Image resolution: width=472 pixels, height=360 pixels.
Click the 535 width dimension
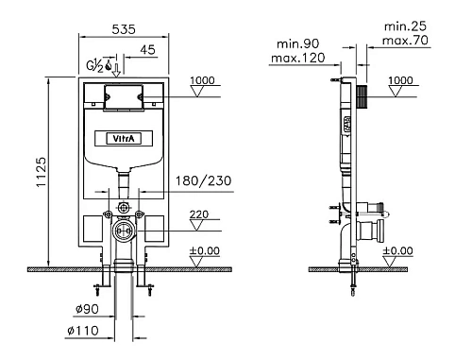pos(124,29)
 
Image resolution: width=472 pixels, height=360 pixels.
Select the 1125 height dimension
pos(42,172)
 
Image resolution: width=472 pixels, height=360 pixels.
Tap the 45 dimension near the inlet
pos(147,50)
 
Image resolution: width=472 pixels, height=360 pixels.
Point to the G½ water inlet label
pos(94,65)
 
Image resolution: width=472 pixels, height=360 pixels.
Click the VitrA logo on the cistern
pos(124,138)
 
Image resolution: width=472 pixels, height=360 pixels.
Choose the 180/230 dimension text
pos(203,180)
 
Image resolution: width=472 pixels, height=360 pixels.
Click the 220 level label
pos(199,214)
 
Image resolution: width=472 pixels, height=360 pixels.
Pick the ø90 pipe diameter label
pos(87,309)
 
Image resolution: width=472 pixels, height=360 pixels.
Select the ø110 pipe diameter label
pos(83,331)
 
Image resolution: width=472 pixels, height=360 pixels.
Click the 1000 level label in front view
pos(202,80)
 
